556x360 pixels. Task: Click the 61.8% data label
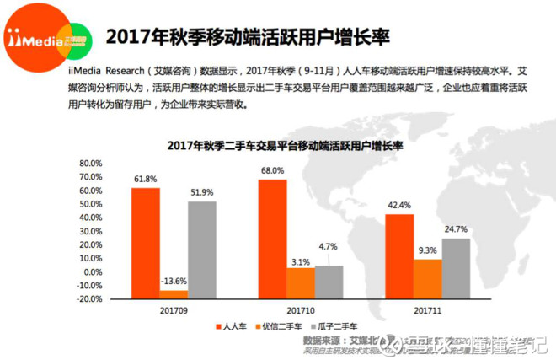click(146, 180)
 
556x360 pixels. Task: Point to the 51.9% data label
click(202, 193)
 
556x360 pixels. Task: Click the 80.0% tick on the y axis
click(91, 163)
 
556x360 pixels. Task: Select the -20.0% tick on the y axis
click(89, 298)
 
